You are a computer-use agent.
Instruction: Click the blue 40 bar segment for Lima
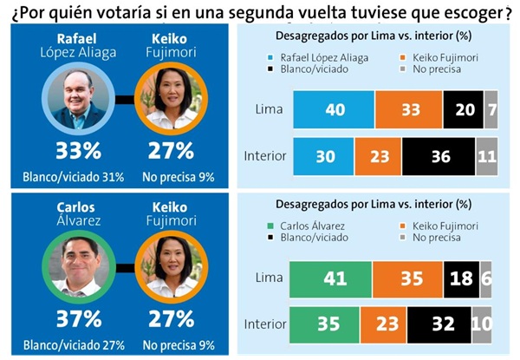click(x=334, y=109)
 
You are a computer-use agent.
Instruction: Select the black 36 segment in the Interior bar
click(x=439, y=157)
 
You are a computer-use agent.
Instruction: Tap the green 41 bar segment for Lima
click(x=331, y=279)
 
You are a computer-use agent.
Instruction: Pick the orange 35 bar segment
click(x=408, y=279)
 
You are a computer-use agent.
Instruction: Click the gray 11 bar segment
click(x=487, y=157)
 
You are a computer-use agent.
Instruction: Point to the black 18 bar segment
click(x=462, y=279)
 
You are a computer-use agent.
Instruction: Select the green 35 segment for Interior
click(x=324, y=324)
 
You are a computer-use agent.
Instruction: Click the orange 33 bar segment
click(x=409, y=109)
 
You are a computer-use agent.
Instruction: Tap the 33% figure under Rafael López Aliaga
click(x=78, y=151)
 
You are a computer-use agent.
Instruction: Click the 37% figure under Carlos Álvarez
click(x=79, y=319)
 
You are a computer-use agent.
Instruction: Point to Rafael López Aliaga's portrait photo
click(x=78, y=99)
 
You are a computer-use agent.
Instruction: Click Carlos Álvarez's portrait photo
click(x=79, y=267)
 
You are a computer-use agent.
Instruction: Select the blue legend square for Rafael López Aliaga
click(x=270, y=58)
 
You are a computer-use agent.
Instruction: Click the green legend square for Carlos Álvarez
click(x=270, y=226)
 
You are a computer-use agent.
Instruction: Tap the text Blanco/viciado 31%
click(x=74, y=177)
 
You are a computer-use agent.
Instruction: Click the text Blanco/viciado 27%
click(x=74, y=345)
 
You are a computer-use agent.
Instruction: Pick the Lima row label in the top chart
click(x=269, y=109)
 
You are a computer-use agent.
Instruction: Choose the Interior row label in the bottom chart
click(x=265, y=324)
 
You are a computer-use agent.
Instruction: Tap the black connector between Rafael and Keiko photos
click(x=125, y=99)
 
